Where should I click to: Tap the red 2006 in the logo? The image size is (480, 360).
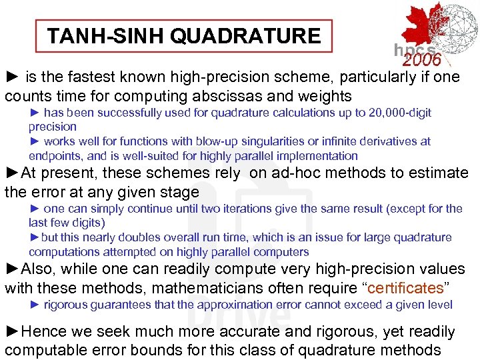[422, 60]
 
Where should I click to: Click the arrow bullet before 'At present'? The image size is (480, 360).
[12, 173]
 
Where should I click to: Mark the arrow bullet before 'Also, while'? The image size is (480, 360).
[12, 269]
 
